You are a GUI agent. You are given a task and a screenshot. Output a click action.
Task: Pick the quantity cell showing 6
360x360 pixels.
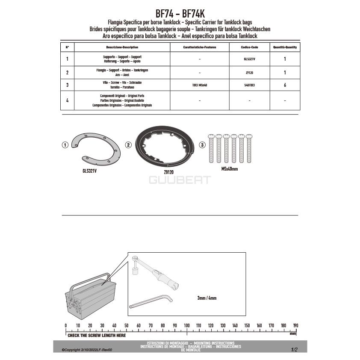[285, 85]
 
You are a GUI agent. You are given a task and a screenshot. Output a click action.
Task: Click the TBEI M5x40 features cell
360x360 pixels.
[200, 85]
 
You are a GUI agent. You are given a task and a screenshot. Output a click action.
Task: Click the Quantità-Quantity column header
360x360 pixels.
[285, 47]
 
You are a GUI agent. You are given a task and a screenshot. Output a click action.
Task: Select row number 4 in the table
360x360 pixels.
[67, 100]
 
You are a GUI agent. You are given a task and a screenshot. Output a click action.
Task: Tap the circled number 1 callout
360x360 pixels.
[65, 145]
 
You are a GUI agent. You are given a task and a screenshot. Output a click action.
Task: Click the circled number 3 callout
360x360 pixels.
[202, 145]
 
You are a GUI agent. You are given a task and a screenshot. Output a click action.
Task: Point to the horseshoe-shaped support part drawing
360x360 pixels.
[96, 150]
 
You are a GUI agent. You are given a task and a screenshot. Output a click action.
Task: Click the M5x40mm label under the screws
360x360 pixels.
[230, 169]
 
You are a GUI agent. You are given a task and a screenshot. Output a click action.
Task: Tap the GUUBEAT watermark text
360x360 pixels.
[180, 180]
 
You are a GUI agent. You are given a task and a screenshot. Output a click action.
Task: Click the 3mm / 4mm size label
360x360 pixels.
[207, 298]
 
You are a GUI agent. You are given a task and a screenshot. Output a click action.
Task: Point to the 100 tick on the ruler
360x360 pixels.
[187, 326]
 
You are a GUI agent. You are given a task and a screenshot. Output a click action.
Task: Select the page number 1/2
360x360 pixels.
[294, 350]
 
